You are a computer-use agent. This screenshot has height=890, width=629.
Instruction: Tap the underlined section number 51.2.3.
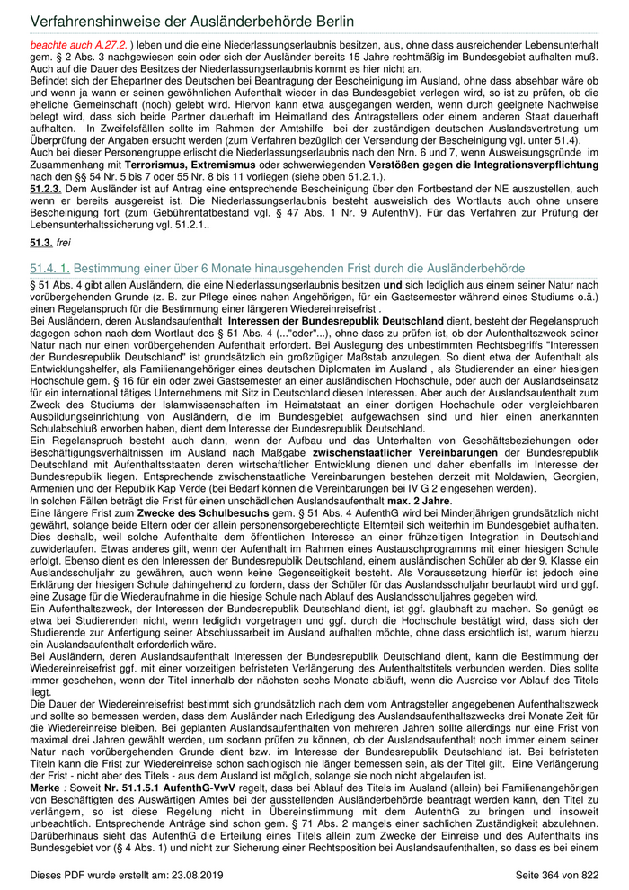pos(48,190)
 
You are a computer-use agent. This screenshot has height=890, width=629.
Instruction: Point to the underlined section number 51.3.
pos(41,243)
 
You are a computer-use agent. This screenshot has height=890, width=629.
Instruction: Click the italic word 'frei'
pos(66,243)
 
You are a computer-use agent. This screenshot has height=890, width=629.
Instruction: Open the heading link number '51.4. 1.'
pos(49,269)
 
